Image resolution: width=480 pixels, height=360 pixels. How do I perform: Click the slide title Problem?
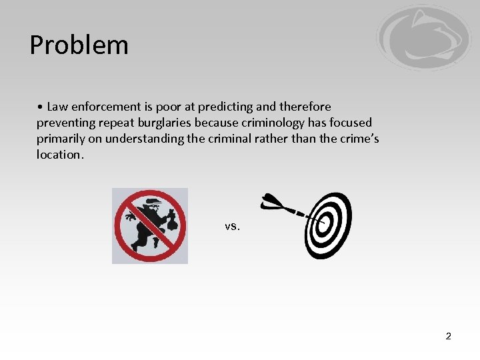tap(79, 45)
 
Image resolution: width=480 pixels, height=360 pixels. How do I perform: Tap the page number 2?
tap(448, 336)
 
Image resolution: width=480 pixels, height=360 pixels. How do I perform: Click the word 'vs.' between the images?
tap(232, 226)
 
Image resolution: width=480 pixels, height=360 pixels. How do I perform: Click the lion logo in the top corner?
tap(423, 38)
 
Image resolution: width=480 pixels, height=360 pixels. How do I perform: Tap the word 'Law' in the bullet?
tap(57, 107)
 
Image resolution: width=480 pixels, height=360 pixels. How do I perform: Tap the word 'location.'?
tap(61, 155)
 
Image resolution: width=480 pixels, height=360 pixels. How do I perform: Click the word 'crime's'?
tap(361, 139)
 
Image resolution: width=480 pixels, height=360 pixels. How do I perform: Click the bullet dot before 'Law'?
tap(41, 107)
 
